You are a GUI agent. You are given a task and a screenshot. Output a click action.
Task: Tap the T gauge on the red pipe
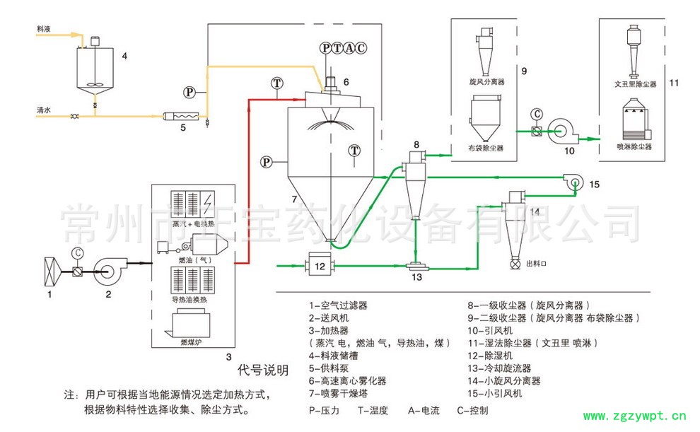276,83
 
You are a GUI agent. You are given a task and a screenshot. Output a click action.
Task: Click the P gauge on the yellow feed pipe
189,92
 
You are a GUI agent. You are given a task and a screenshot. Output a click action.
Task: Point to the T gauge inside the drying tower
354,150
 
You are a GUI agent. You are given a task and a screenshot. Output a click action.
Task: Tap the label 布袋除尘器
486,148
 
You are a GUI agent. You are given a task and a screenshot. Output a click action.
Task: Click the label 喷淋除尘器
634,147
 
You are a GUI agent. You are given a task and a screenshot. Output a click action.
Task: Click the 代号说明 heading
262,370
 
